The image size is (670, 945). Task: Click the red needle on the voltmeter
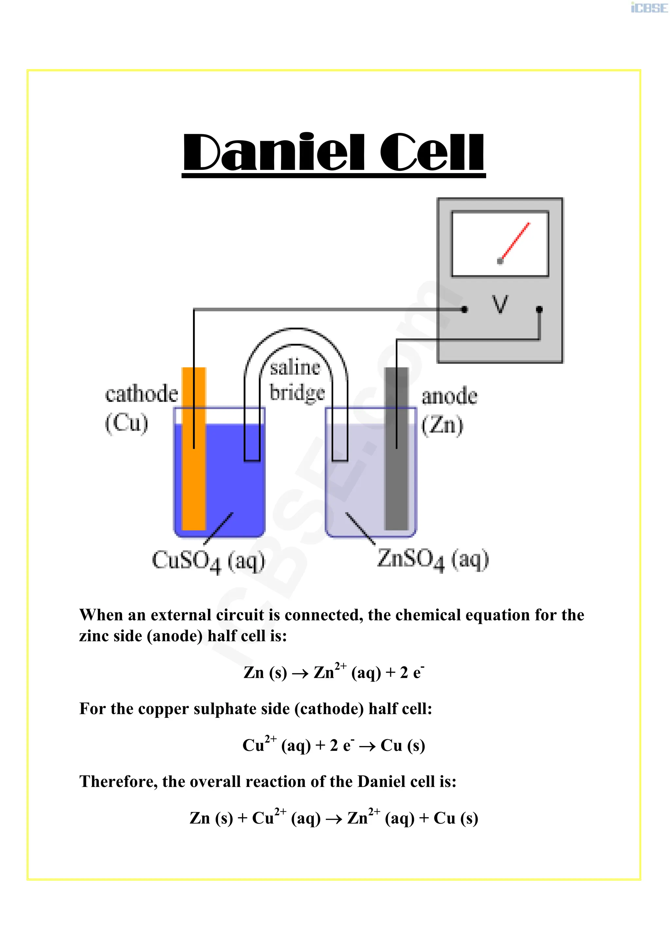tap(515, 243)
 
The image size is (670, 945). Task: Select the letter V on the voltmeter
tap(500, 304)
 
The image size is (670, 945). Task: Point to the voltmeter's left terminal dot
tap(465, 310)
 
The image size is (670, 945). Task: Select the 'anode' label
tap(449, 396)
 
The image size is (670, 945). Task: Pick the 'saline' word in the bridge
tap(295, 368)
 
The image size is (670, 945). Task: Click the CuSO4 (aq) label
tap(208, 561)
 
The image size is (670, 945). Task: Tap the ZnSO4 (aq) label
tap(433, 560)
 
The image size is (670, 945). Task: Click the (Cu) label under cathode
tap(126, 423)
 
